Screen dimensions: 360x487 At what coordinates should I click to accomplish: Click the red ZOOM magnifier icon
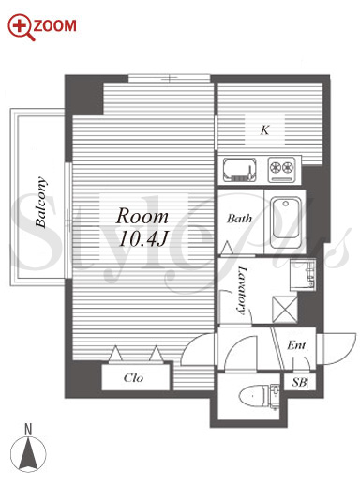(21, 27)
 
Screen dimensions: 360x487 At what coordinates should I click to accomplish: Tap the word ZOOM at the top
(54, 26)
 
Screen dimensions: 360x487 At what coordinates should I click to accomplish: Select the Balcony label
(40, 202)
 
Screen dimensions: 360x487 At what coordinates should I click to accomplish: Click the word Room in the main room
(142, 216)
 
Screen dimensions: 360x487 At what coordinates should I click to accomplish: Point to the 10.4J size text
(142, 239)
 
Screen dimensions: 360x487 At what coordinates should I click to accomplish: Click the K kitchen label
(264, 130)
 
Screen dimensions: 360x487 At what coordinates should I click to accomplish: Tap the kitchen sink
(240, 170)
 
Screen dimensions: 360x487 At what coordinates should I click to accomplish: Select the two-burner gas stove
(281, 170)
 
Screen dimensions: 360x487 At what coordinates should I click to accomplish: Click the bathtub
(286, 221)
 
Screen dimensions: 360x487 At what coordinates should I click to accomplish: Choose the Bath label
(239, 219)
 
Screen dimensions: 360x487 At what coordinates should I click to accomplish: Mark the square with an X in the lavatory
(285, 309)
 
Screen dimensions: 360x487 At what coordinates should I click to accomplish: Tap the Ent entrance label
(296, 345)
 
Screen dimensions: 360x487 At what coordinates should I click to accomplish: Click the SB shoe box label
(299, 382)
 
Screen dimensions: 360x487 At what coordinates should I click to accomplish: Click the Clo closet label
(133, 378)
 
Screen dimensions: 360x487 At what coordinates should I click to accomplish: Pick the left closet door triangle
(115, 354)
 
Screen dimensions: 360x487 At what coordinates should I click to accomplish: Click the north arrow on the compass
(28, 453)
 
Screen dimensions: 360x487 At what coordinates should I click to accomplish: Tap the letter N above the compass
(28, 429)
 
